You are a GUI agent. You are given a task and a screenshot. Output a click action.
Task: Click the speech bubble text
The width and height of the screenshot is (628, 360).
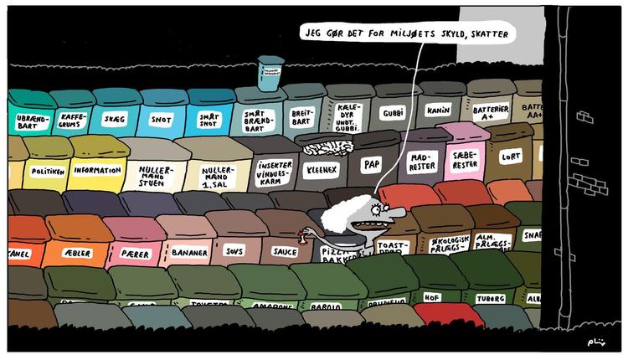pos(406,34)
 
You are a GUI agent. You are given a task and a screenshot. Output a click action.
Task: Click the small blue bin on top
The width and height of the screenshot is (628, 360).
pos(270,73)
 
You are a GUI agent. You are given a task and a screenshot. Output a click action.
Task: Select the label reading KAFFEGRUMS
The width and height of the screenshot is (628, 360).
pos(73,121)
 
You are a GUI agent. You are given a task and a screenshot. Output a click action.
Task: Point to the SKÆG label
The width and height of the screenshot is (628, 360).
pos(114,119)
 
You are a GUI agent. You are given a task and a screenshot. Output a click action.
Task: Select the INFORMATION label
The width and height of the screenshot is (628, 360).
pos(97,171)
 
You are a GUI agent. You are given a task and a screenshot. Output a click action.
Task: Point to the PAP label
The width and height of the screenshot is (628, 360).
pos(371,165)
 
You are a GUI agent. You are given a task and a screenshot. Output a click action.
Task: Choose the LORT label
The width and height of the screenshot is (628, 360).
pos(509,156)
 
